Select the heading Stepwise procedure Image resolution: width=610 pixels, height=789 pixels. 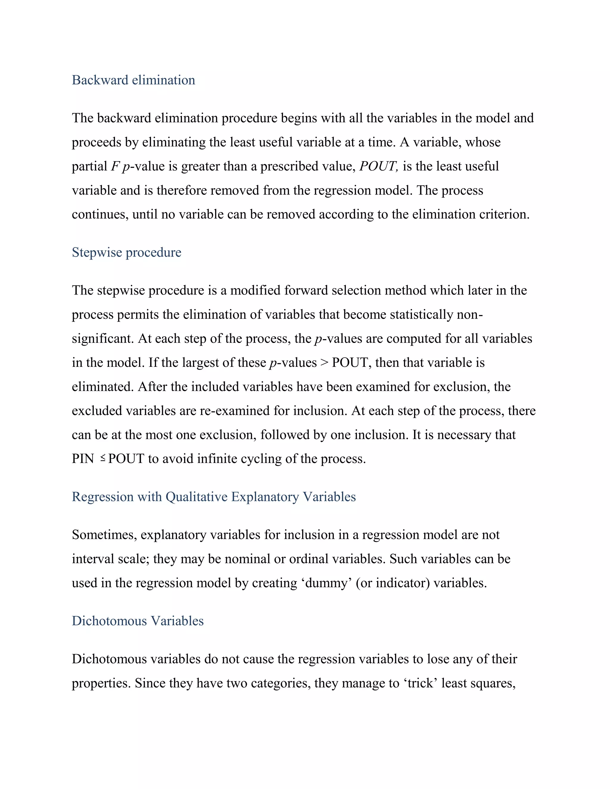[127, 252]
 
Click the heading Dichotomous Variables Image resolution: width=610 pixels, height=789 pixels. [138, 621]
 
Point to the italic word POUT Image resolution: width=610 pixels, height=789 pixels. [378, 166]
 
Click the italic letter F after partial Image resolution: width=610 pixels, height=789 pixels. [115, 166]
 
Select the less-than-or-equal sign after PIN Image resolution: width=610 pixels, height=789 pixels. [103, 458]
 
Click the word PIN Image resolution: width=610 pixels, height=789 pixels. [83, 459]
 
